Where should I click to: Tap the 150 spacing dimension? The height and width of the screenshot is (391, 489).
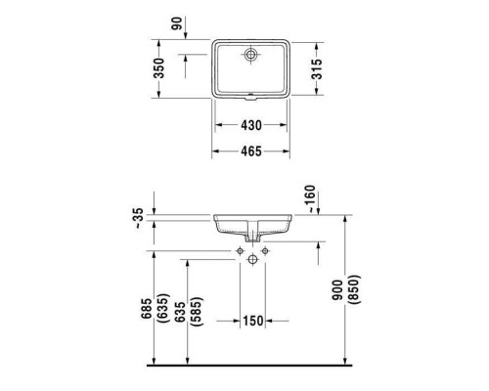pyautogui.click(x=251, y=322)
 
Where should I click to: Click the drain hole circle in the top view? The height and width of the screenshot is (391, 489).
pyautogui.click(x=251, y=54)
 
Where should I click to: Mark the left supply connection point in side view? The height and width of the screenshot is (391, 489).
pyautogui.click(x=239, y=251)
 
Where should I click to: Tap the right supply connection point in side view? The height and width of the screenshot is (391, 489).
pyautogui.click(x=264, y=251)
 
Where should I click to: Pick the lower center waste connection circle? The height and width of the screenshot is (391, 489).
pyautogui.click(x=251, y=259)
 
